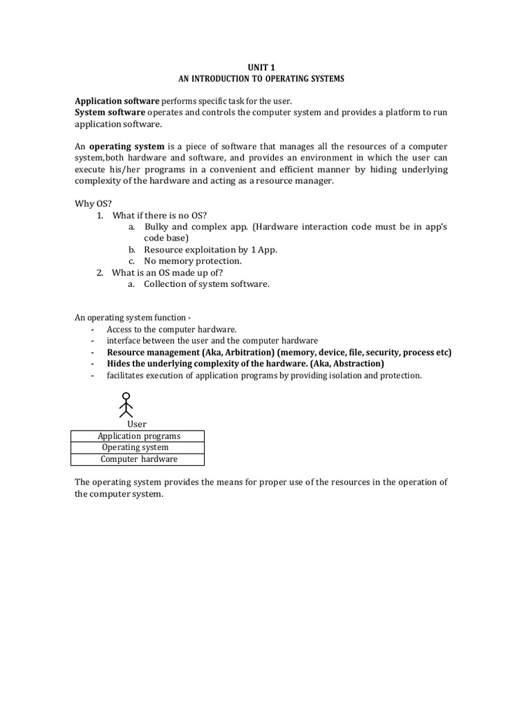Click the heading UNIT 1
point(261,68)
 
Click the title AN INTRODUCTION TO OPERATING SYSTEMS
point(261,79)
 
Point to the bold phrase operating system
point(127,147)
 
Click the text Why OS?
point(88,203)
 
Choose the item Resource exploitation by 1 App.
point(210,250)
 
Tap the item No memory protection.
point(192,261)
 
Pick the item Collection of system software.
point(206,283)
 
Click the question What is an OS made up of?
point(167,272)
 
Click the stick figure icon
point(126,405)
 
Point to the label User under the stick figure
point(137,424)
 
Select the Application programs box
point(138,436)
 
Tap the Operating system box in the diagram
point(136,447)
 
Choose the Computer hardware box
point(139,459)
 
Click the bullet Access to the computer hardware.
point(171,329)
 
